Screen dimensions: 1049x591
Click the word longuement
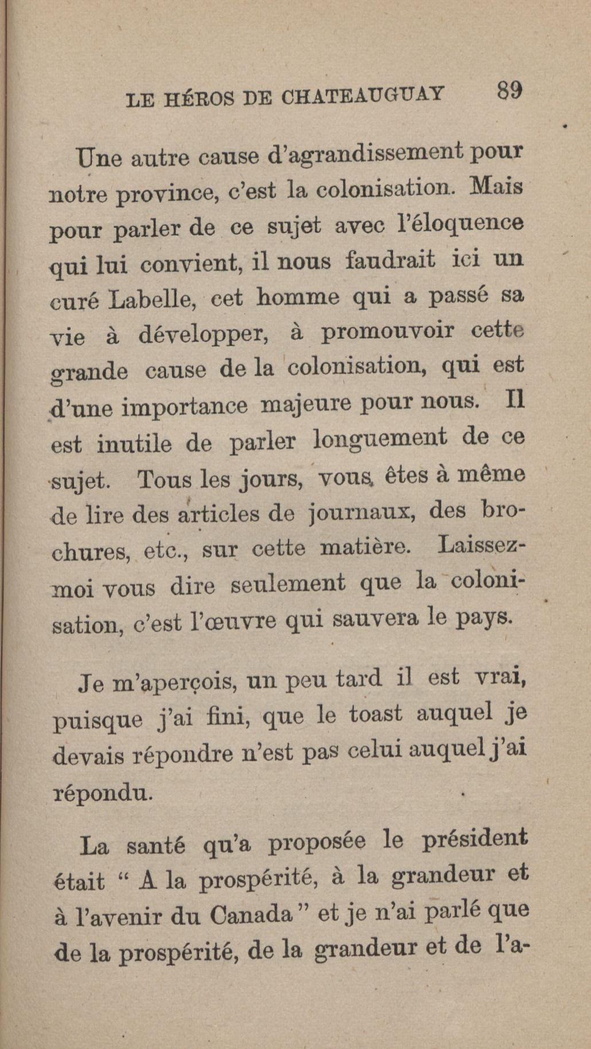tap(380, 439)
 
